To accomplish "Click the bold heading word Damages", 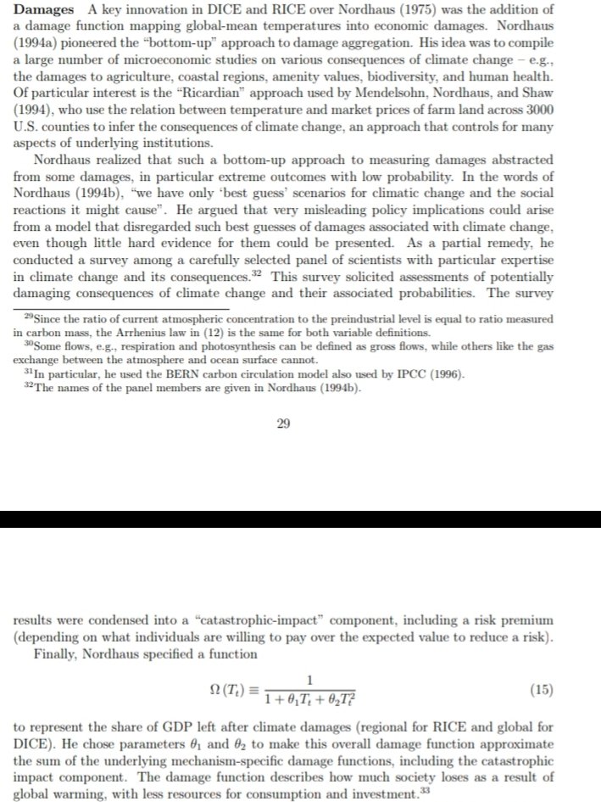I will (43, 9).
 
